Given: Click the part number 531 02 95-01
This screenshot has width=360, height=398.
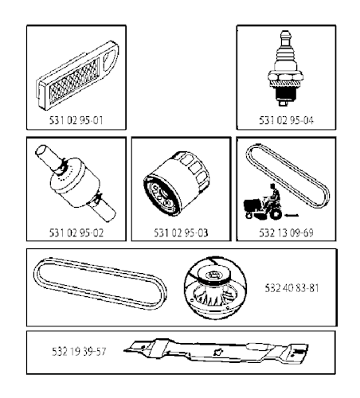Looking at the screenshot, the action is [x=76, y=120].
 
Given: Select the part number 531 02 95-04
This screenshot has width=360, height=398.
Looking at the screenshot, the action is [x=286, y=120].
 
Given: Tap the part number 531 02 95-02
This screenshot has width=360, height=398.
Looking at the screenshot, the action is [x=76, y=232].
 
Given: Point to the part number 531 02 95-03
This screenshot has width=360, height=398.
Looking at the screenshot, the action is [x=181, y=232].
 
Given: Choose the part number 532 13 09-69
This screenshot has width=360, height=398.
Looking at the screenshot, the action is [x=286, y=232].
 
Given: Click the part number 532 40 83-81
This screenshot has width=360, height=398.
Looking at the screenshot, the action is [x=292, y=288].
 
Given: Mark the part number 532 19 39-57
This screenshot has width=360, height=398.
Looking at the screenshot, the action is [x=79, y=352].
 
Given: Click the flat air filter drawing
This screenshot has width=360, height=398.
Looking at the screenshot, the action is [x=77, y=76].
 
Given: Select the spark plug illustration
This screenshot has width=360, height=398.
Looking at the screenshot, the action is [x=285, y=68].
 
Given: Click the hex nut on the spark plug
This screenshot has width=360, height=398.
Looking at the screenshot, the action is [x=285, y=76].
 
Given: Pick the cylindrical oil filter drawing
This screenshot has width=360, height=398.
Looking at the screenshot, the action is [x=177, y=184].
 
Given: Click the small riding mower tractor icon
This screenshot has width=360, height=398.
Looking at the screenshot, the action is [x=263, y=202].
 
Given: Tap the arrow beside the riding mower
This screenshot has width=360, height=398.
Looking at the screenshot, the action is [x=292, y=215].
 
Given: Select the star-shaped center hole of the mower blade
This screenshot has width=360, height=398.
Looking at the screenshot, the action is [x=218, y=353].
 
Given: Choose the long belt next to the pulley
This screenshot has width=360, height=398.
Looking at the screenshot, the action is [x=100, y=283].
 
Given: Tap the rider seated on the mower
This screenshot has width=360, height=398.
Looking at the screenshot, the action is [x=273, y=196].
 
